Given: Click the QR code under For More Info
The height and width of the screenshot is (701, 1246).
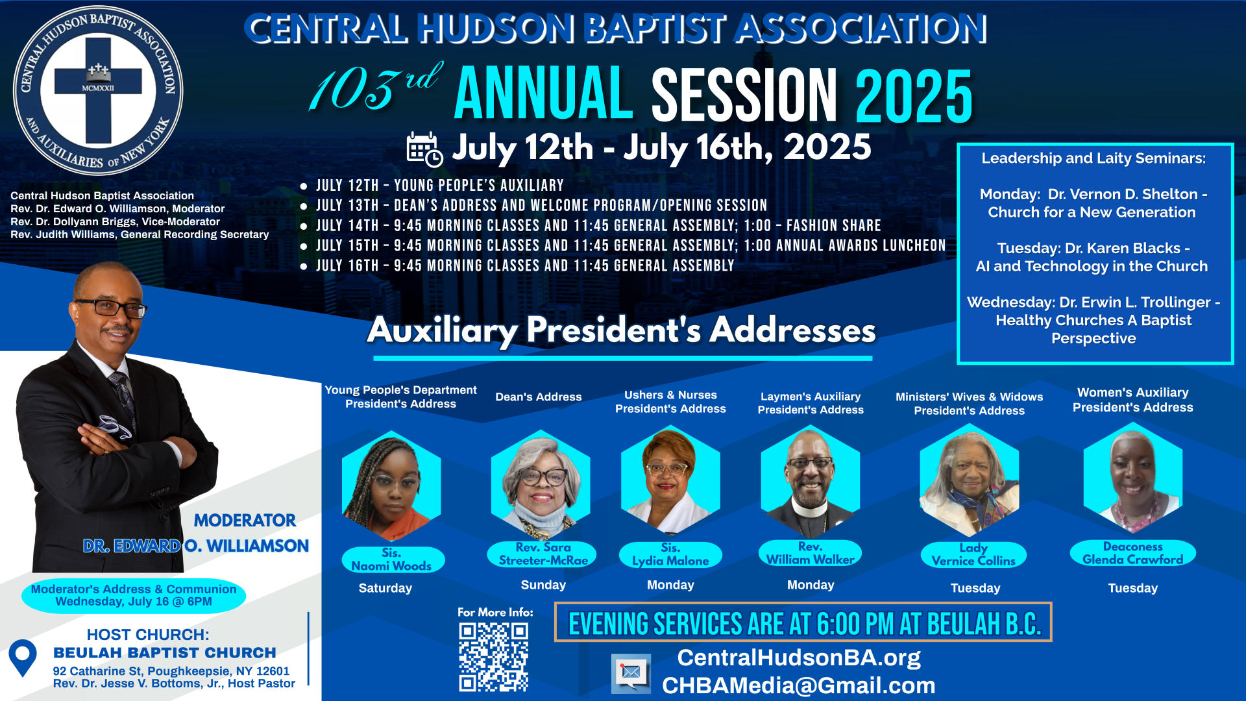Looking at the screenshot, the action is (x=494, y=657).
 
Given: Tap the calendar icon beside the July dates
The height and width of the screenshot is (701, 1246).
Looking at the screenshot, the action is (x=424, y=149).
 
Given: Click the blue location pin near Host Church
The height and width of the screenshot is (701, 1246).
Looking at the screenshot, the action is (x=23, y=658).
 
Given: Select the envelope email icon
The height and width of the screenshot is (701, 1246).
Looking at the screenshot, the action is (x=631, y=672).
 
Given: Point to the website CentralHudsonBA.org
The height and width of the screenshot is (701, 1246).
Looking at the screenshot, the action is (x=799, y=658).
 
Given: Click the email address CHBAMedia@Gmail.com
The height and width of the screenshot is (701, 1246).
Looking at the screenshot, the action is (x=799, y=685).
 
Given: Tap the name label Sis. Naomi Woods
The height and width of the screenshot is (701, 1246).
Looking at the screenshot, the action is (x=392, y=560).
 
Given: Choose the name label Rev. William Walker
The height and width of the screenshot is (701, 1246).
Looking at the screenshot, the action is (x=810, y=553).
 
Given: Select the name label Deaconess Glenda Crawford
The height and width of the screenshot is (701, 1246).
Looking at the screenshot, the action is (x=1133, y=553).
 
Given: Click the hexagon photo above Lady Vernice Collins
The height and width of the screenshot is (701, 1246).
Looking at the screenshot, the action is (x=970, y=480).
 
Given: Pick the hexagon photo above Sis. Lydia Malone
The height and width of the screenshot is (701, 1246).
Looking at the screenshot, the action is (x=670, y=480).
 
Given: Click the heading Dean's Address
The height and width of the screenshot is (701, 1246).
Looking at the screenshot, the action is (x=539, y=397).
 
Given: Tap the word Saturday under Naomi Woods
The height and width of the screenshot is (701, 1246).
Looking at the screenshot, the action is (x=385, y=588).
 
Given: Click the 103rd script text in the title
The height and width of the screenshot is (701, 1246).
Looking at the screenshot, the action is (x=375, y=88).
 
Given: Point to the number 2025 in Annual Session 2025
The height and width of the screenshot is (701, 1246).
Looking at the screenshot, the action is (x=914, y=96).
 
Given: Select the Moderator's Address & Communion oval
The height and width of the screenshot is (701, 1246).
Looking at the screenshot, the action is (x=134, y=595).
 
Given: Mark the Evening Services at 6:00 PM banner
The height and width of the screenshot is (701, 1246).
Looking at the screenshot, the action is (x=803, y=622).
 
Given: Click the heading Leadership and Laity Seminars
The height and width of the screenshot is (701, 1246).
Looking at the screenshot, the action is (x=1093, y=158).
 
